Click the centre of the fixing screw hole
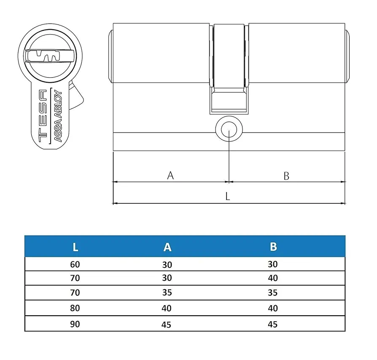point(229,130)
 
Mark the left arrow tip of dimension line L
point(113,203)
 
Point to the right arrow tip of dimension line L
point(345,203)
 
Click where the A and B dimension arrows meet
point(229,181)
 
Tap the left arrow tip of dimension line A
point(113,181)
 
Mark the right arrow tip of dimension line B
point(345,181)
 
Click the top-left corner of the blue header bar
point(25,236)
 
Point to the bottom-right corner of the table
point(345,331)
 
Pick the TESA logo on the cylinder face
point(43,116)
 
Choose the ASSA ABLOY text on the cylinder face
point(58,116)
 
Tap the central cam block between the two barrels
point(229,69)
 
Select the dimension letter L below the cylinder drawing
point(228,196)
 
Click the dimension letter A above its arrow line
point(170,176)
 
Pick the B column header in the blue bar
point(273,246)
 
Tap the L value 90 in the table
point(75,324)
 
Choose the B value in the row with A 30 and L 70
point(273,278)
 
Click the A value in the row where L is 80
point(167,308)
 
